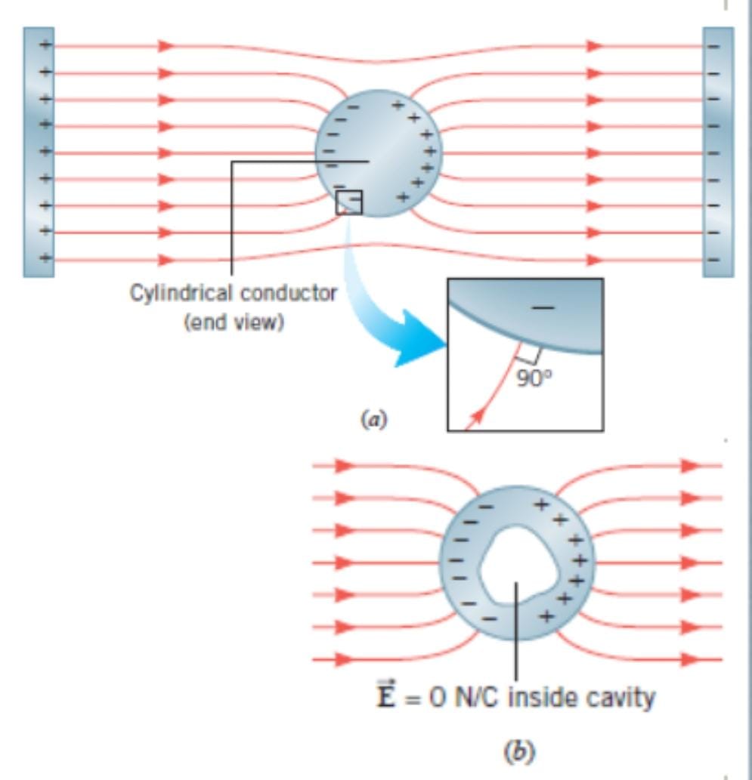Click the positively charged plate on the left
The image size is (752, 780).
pos(39,151)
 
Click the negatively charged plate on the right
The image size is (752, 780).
pos(717,151)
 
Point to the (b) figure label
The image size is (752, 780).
pos(518,751)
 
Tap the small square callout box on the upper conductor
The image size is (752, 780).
pos(349,202)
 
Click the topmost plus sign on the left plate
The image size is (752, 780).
pos(45,45)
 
